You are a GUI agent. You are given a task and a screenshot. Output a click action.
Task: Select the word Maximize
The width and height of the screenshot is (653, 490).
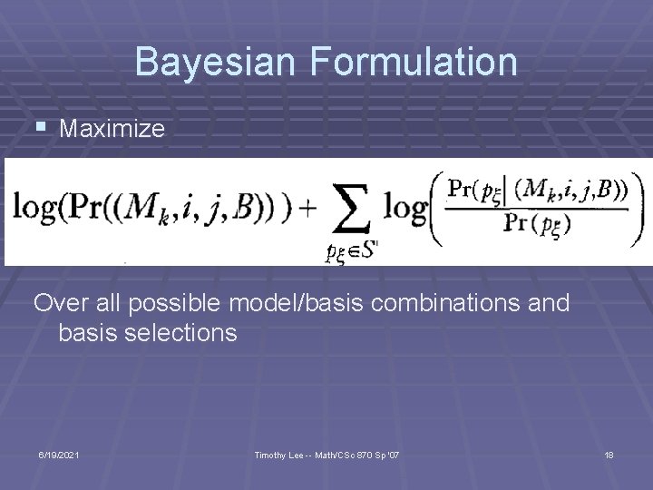click(112, 130)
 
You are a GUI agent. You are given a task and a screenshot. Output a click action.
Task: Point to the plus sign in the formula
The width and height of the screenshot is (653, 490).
click(308, 208)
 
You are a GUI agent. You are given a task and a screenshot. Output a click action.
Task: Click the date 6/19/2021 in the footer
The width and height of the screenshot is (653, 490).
click(59, 453)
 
